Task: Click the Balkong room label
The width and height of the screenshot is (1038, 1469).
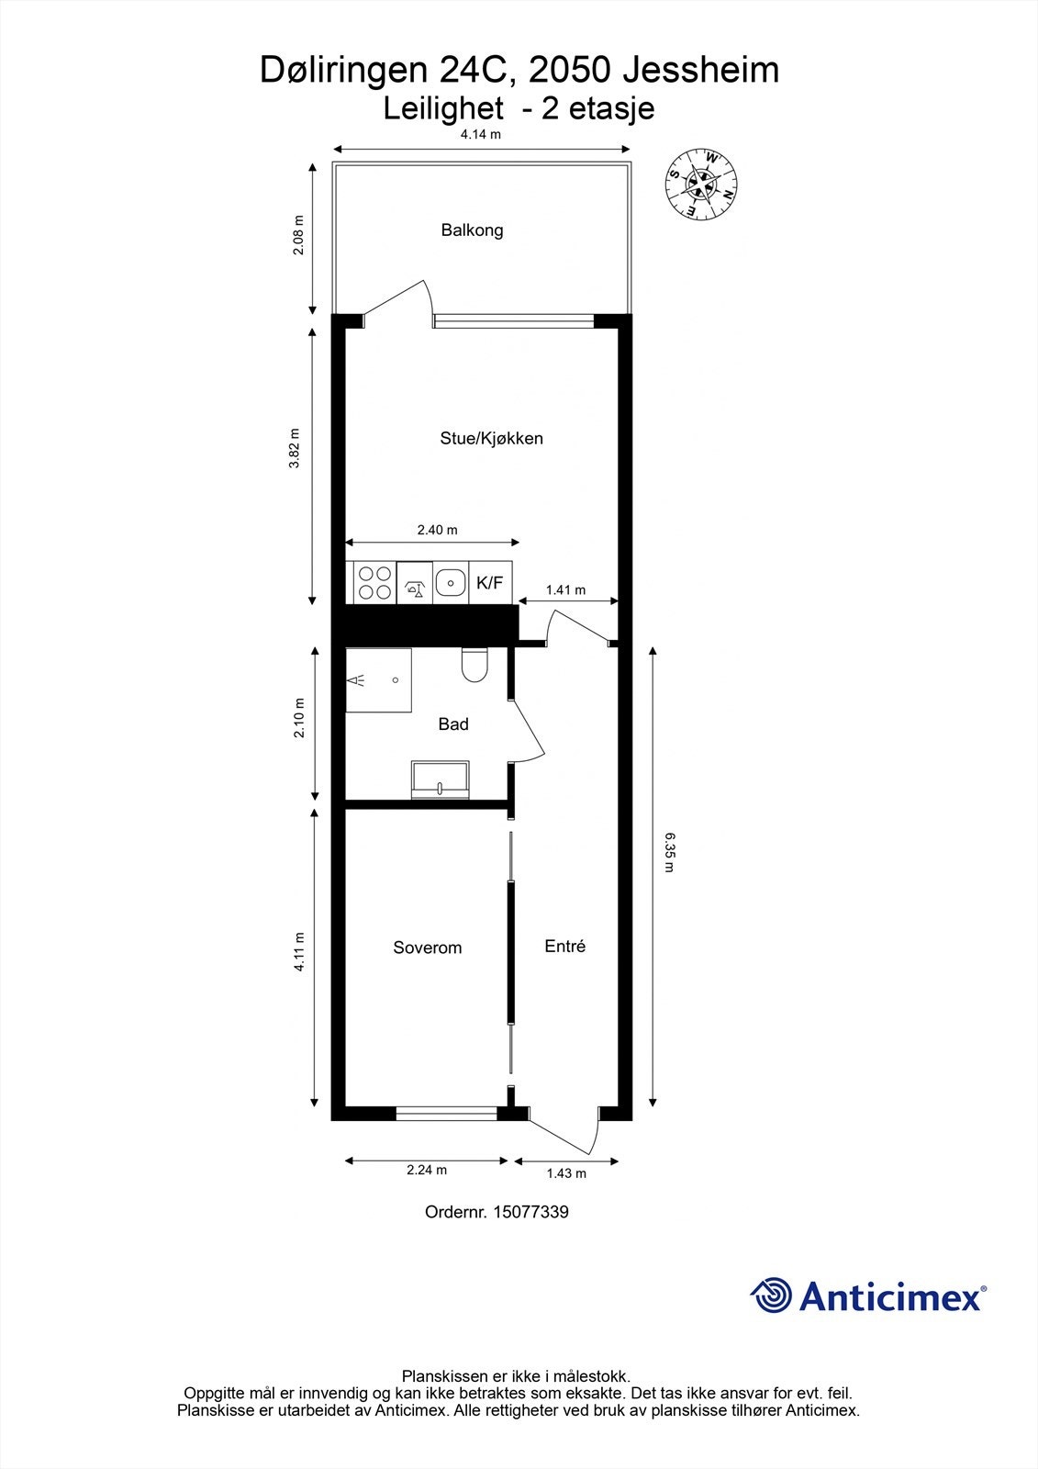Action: [472, 230]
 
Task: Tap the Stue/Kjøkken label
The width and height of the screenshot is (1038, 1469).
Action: [491, 438]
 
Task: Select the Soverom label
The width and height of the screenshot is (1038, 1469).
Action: [427, 948]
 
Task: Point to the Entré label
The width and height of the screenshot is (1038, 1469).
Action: [564, 946]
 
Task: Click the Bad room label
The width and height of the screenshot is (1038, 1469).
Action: [453, 724]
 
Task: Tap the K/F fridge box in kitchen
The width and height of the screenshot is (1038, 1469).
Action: [490, 583]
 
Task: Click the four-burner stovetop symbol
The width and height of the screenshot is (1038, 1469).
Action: [373, 583]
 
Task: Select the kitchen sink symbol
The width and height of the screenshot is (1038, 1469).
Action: [450, 582]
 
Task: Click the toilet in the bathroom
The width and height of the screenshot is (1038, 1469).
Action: [474, 666]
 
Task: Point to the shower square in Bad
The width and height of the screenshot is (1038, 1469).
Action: [378, 680]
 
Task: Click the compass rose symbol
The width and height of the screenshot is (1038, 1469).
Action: [701, 184]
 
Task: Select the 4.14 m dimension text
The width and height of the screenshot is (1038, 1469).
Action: [481, 134]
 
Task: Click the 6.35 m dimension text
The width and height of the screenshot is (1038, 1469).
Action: [668, 852]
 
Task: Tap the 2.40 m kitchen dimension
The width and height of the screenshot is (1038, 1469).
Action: [437, 530]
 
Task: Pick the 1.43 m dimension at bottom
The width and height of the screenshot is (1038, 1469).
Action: [566, 1172]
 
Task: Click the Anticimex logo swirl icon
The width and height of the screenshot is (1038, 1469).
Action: [772, 1295]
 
